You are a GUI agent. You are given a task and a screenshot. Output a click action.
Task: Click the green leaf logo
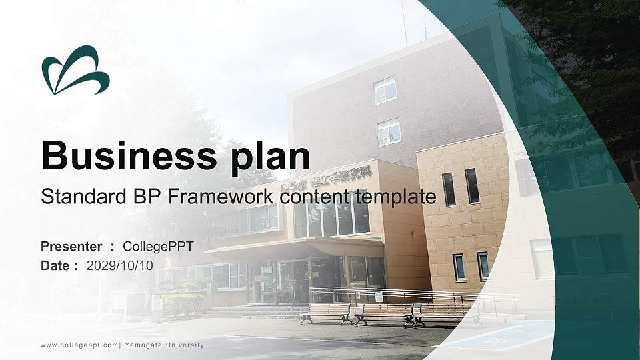click(x=75, y=70)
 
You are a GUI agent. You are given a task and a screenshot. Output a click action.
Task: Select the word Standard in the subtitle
click(x=78, y=197)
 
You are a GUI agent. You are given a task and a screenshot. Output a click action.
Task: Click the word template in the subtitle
click(x=395, y=197)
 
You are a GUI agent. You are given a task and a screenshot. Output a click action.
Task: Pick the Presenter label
click(x=71, y=247)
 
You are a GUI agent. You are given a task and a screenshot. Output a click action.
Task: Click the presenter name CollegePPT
click(x=157, y=247)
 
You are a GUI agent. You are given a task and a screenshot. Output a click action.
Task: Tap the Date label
click(x=56, y=265)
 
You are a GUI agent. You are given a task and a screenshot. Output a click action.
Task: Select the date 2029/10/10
click(x=120, y=265)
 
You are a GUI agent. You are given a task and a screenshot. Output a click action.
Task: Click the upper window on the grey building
click(x=385, y=90)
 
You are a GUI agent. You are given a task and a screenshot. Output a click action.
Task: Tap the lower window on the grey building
click(x=389, y=132)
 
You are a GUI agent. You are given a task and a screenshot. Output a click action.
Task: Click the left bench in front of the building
click(x=326, y=313)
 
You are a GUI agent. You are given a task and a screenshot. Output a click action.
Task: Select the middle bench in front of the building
click(x=383, y=313)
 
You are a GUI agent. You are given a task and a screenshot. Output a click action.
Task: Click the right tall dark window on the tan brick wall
click(x=471, y=186)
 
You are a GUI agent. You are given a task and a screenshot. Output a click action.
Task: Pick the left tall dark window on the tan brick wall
click(x=449, y=189)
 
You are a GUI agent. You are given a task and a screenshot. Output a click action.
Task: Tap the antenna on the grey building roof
click(x=404, y=23)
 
